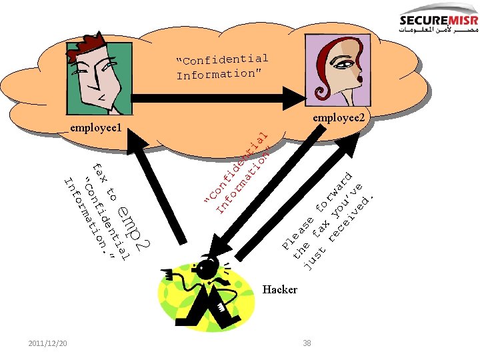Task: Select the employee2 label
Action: (x=339, y=118)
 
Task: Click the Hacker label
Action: (x=280, y=289)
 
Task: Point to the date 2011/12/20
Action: (x=47, y=343)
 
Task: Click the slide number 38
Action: (x=307, y=343)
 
